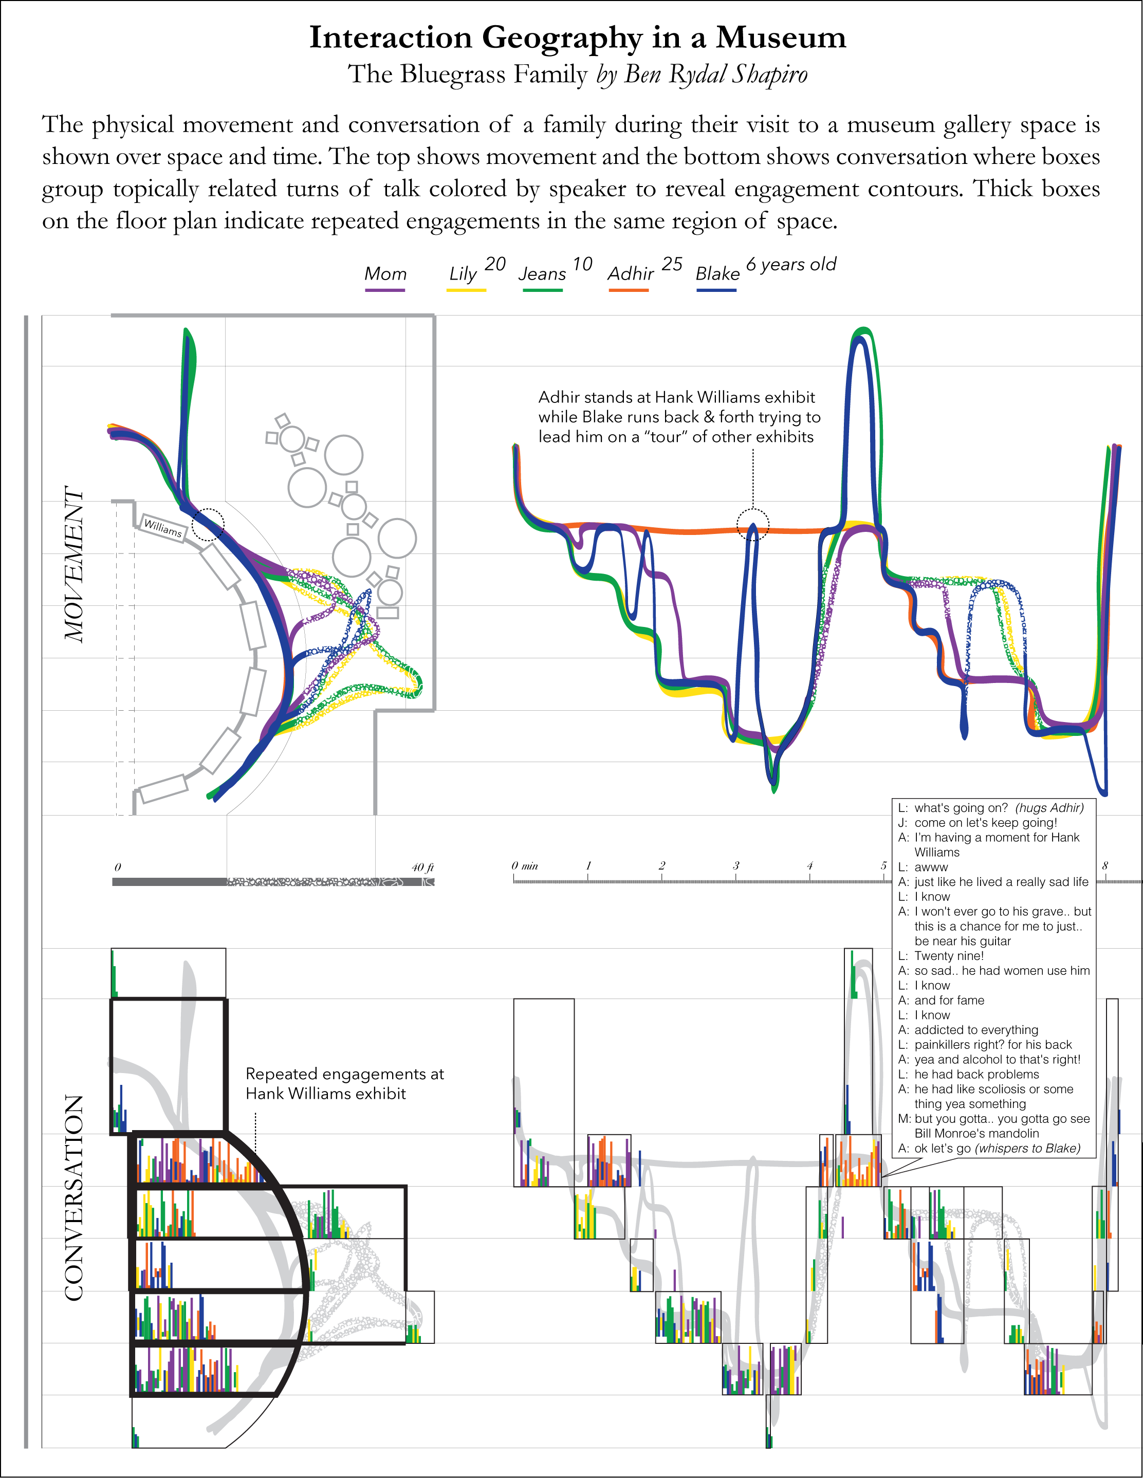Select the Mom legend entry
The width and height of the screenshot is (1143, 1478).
(x=385, y=274)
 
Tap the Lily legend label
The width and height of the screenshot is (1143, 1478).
(x=464, y=274)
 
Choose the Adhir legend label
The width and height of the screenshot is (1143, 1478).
(x=631, y=274)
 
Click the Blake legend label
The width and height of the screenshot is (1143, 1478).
(x=717, y=274)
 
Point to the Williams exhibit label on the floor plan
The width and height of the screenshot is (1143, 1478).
(x=163, y=528)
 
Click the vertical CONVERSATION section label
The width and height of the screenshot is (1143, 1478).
(x=74, y=1198)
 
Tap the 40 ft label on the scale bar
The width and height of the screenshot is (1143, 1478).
(x=422, y=867)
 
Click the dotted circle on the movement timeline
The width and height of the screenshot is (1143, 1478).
(x=752, y=525)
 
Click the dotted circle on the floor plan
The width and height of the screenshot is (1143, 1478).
(x=208, y=525)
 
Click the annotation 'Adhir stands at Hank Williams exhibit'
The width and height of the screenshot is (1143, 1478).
(x=676, y=397)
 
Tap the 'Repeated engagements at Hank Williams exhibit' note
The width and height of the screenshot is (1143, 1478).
(x=344, y=1083)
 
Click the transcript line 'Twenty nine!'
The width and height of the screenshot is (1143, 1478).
(x=949, y=955)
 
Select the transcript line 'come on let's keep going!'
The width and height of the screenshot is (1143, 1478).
(x=985, y=823)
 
